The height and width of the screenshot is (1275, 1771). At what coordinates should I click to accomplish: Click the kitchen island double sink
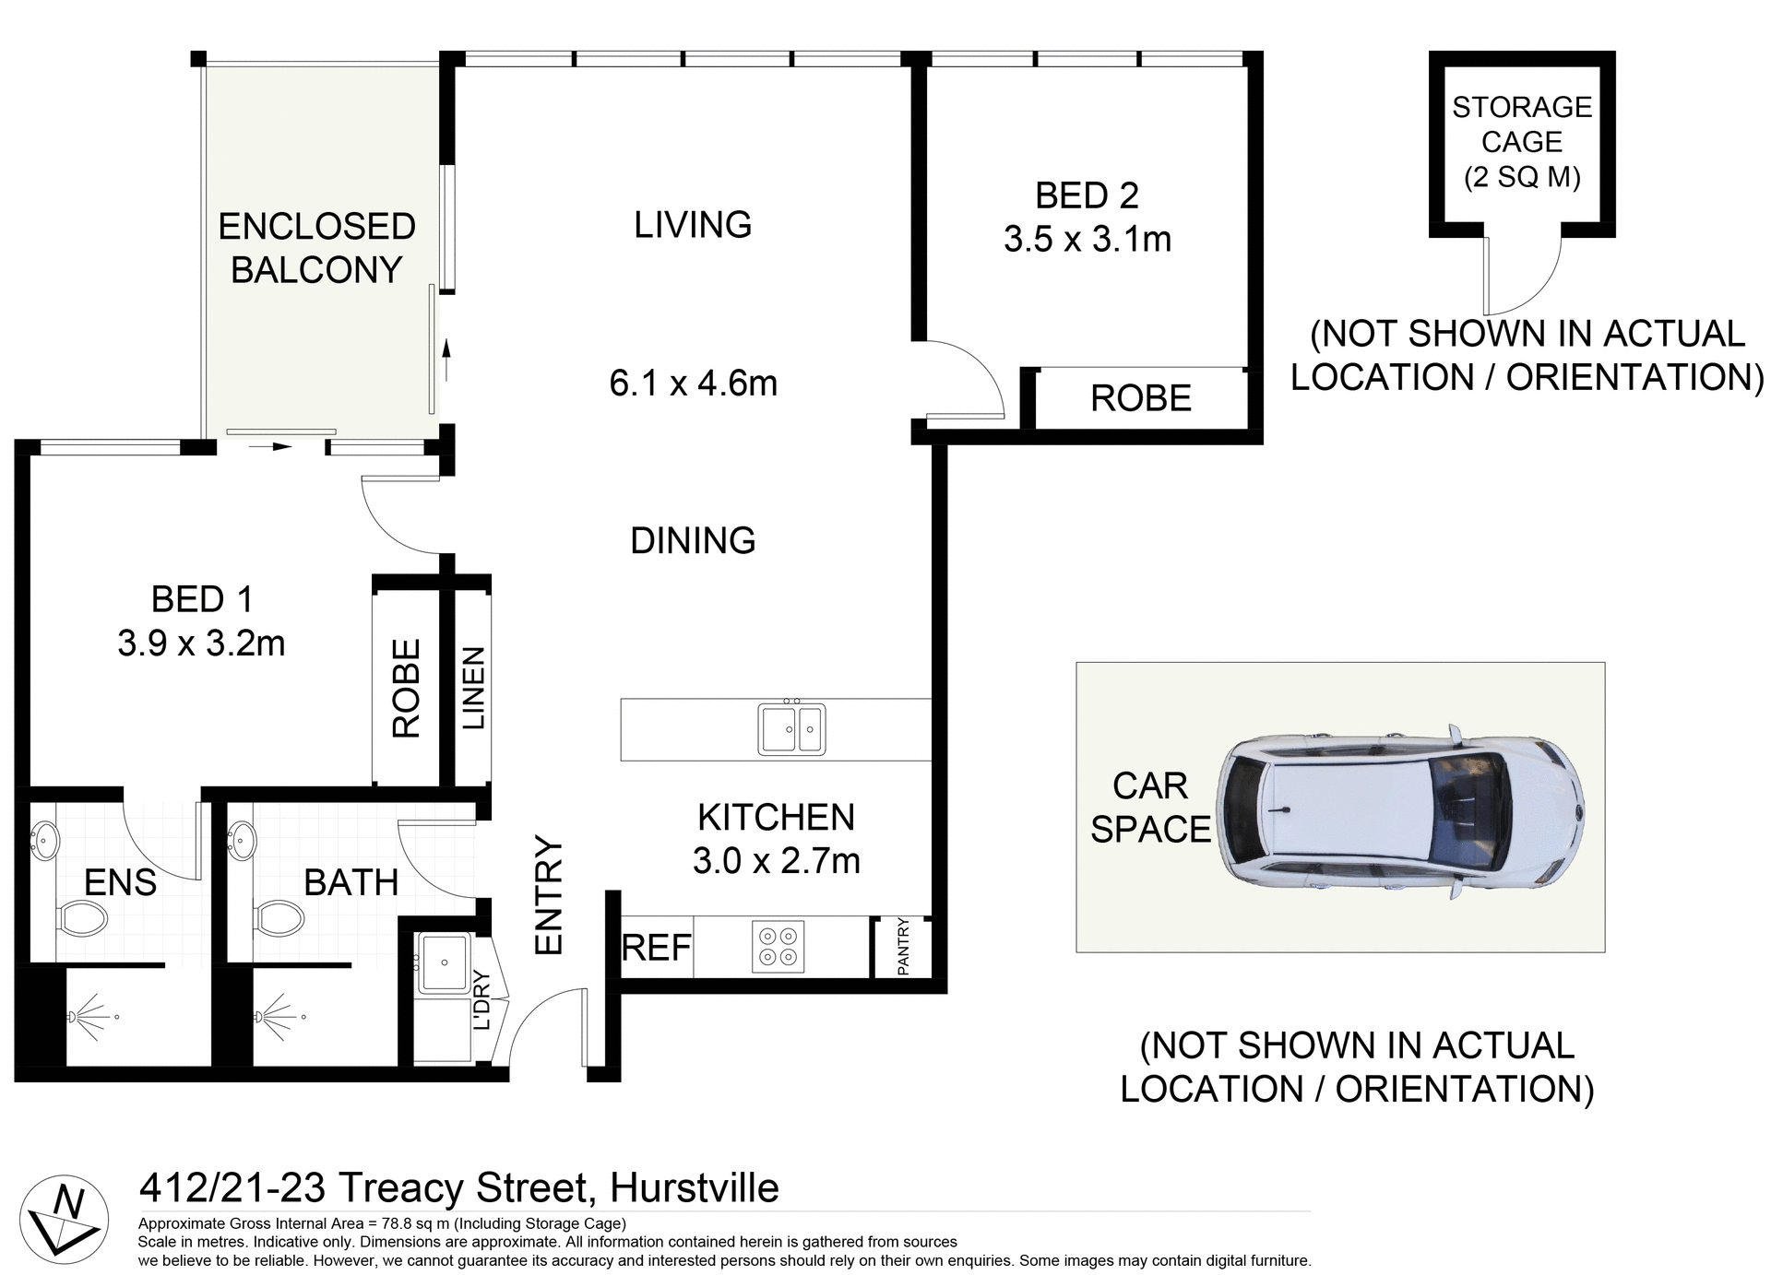791,728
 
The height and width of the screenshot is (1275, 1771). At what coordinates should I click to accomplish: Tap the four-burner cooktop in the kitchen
778,947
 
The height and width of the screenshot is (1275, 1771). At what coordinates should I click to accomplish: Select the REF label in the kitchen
656,948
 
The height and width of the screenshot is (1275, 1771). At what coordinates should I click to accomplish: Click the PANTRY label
903,947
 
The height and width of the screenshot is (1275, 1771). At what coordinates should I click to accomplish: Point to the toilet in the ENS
82,918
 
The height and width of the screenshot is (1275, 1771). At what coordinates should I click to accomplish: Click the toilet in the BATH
279,918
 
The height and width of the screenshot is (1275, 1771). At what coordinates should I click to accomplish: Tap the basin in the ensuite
43,840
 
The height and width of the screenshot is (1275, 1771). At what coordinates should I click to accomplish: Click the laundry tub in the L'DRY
444,963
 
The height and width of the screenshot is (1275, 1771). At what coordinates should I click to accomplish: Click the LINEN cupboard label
473,688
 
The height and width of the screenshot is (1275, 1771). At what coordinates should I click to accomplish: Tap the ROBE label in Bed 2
1140,399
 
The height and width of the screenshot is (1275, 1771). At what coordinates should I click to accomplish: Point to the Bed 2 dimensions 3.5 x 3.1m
1087,240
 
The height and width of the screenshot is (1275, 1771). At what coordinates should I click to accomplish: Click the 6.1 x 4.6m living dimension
693,383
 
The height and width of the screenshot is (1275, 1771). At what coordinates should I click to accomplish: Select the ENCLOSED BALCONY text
316,248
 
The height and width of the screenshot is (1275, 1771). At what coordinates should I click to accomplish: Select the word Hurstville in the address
695,1188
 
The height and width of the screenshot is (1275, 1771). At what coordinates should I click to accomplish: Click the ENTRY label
549,895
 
